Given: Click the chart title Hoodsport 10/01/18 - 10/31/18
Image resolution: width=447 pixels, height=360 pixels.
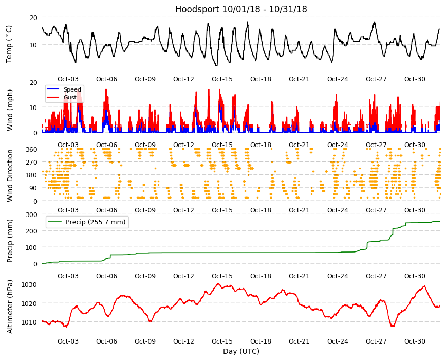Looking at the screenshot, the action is pos(241,9).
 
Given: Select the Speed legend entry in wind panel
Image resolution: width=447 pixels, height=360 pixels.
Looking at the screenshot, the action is pos(72,89).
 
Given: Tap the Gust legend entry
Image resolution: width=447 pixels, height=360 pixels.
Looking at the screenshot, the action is pos(70,97).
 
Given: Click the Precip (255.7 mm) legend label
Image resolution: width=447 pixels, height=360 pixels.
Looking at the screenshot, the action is pos(96,222).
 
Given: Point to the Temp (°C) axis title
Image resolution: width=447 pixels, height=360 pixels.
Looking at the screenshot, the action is pos(9,44).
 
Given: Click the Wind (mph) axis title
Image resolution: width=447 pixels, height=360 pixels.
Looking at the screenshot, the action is pos(10,110).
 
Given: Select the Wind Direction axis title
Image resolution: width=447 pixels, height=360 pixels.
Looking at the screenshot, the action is pos(10,175).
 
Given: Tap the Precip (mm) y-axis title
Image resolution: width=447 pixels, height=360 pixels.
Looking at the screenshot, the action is pos(10,241).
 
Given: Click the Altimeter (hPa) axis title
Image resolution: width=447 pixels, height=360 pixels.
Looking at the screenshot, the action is pos(10,307).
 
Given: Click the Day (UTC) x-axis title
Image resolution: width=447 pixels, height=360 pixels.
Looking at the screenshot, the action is pos(241,351).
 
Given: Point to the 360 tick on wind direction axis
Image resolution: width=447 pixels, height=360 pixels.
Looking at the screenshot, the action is pos(31,149).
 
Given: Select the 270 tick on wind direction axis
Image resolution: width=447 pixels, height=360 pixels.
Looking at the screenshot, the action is pos(31,163).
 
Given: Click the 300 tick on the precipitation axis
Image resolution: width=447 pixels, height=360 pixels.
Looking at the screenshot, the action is pos(31,214).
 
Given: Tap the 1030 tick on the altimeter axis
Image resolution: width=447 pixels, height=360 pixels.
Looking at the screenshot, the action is pos(29,285).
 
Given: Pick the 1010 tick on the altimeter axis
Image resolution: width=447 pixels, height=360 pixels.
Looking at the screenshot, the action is pos(29,322).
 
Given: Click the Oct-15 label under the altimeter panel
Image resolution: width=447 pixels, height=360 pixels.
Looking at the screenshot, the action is pos(222,341).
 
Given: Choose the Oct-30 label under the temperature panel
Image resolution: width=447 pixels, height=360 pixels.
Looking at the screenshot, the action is pos(415,79).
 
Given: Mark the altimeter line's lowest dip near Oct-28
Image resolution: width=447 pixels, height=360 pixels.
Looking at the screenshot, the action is pos(393,326).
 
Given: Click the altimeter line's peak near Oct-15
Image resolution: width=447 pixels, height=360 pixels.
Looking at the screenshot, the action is pos(218,284).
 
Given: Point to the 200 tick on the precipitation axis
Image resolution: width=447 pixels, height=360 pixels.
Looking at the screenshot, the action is pos(31,231).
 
